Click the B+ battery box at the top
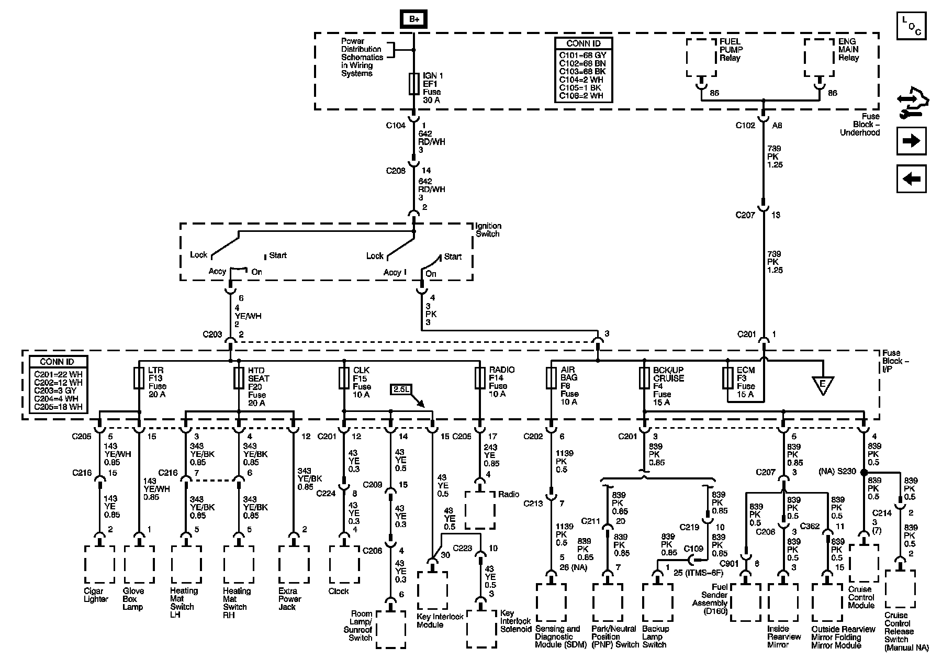(414, 19)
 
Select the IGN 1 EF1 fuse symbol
(414, 84)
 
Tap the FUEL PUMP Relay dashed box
(701, 58)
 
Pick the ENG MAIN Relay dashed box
(820, 58)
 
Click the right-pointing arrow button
(911, 141)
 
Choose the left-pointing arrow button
(911, 179)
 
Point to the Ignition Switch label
(487, 230)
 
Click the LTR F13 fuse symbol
(139, 378)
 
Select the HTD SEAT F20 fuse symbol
(239, 378)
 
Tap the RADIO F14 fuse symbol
(479, 378)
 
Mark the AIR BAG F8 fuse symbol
(551, 378)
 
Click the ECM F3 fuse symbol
(727, 378)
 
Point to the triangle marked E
(823, 385)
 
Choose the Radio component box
(479, 510)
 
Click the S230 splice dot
(863, 472)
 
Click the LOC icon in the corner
(911, 26)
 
